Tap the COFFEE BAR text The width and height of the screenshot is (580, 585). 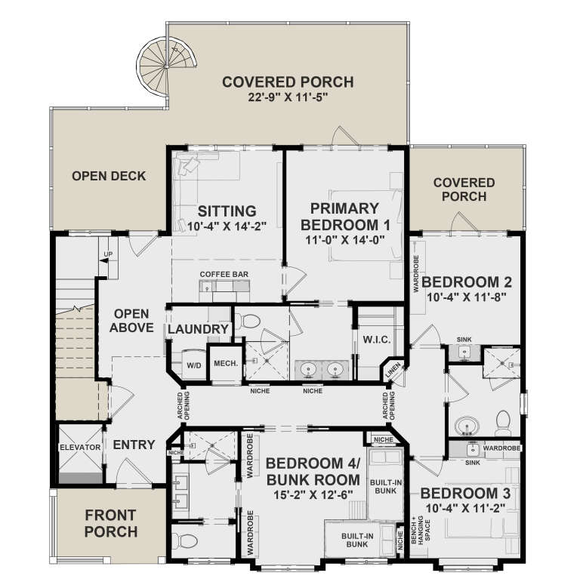coord(224,274)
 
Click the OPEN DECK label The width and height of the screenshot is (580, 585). coord(109,176)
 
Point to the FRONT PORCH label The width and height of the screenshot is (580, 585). coord(110,524)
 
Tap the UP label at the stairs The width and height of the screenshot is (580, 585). coord(108,254)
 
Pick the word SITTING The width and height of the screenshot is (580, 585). coord(227,211)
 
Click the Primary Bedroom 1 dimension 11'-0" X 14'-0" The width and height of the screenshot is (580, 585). coord(343,240)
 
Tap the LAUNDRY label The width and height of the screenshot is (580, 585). coord(198,329)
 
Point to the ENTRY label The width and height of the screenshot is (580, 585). coord(134,445)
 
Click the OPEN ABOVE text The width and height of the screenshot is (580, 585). coord(131,320)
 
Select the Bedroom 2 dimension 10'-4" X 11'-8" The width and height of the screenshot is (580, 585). coord(467,297)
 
